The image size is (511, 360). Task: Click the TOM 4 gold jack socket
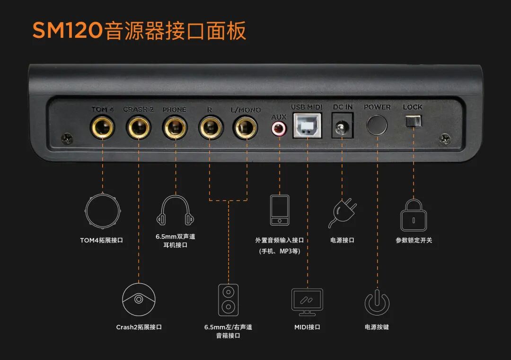coord(103,127)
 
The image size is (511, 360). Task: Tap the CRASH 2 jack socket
coord(138,127)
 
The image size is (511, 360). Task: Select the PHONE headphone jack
coord(175,127)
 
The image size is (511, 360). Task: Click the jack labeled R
coord(210,127)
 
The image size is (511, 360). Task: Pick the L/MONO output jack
coord(246,127)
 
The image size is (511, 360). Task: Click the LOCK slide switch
coord(413,122)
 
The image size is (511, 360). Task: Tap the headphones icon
coord(175,211)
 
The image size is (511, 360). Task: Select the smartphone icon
coord(280,210)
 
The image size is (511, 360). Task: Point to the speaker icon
coord(228,300)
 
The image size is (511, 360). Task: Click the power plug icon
coord(343,213)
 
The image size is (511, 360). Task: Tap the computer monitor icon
coord(307,302)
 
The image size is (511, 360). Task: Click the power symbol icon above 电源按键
coord(377,302)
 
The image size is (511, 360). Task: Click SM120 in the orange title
coord(68,31)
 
